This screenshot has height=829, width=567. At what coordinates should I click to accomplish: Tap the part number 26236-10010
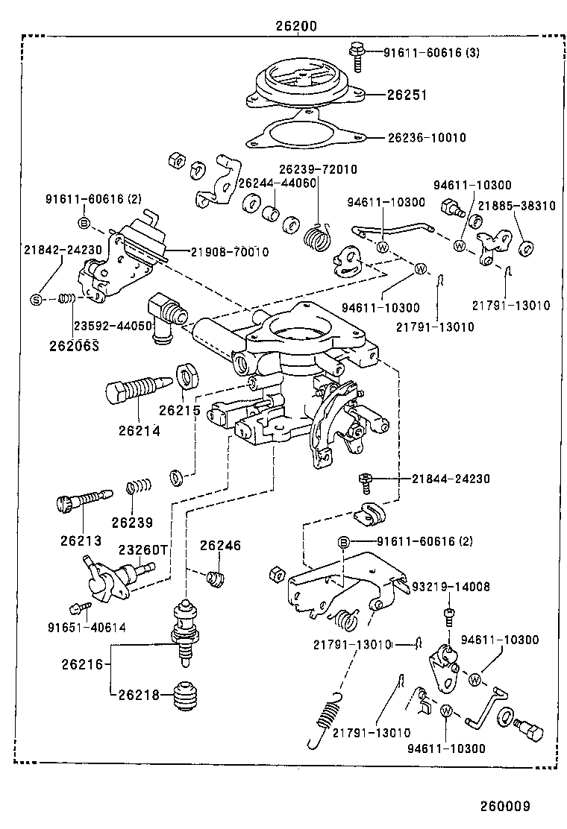[x=426, y=137]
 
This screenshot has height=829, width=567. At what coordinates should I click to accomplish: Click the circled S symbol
[x=35, y=300]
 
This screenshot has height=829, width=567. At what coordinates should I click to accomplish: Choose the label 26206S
[x=75, y=345]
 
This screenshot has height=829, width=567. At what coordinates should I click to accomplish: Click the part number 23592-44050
[x=123, y=325]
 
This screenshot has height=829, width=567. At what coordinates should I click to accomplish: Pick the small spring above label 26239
[x=139, y=486]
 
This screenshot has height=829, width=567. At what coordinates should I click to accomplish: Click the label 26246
[x=220, y=546]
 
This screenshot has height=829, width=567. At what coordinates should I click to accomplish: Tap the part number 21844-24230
[x=451, y=479]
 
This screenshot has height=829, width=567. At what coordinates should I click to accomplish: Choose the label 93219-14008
[x=451, y=587]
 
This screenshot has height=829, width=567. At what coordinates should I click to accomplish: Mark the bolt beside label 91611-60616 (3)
[x=357, y=55]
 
